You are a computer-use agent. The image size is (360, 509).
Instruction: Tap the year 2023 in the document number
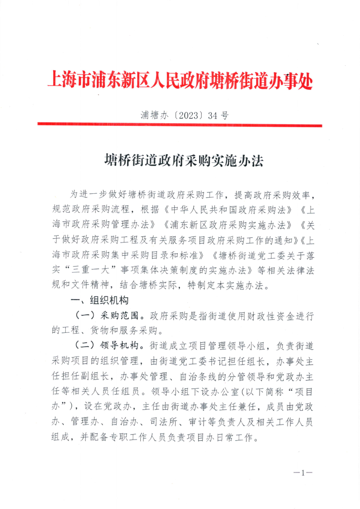(190, 115)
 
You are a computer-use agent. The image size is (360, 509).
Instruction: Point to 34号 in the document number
(218, 115)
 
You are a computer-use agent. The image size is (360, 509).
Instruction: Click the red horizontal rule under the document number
(180, 125)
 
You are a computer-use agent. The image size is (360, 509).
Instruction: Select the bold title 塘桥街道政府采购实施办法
(184, 161)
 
